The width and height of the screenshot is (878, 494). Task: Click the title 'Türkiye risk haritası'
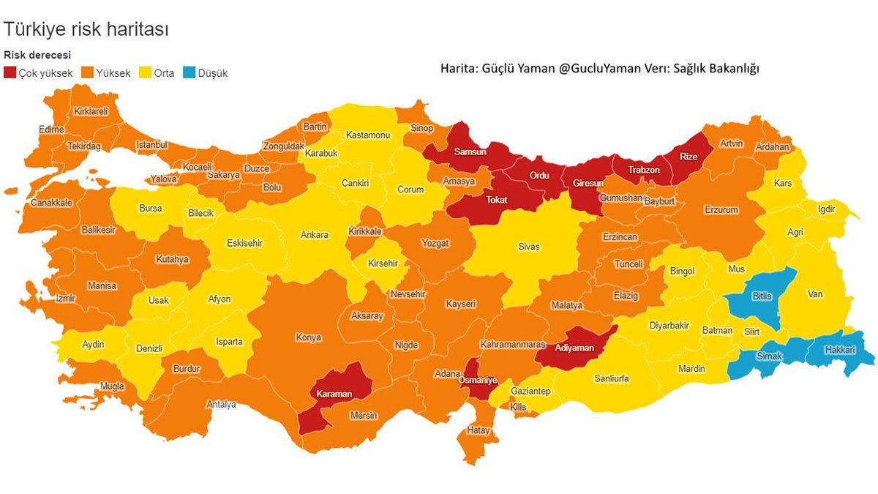click(86, 29)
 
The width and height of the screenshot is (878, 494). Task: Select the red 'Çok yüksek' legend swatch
click(10, 73)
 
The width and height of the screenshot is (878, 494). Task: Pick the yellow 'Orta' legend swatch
click(144, 73)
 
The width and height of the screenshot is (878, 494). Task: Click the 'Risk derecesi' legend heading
click(37, 55)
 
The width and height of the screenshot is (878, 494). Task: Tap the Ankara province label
click(315, 235)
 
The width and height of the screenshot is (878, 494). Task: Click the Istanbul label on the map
click(152, 145)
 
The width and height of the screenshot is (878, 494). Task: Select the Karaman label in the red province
click(334, 394)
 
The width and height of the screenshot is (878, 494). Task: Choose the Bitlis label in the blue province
click(761, 296)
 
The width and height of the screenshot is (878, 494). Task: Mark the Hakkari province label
click(839, 351)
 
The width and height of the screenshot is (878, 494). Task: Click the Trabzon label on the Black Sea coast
click(644, 170)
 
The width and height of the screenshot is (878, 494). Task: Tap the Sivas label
click(528, 247)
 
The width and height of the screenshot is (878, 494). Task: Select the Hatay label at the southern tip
click(478, 430)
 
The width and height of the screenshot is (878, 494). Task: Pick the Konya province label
click(308, 337)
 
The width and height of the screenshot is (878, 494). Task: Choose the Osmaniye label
click(478, 380)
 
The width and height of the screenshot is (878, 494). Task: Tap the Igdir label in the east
click(826, 209)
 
